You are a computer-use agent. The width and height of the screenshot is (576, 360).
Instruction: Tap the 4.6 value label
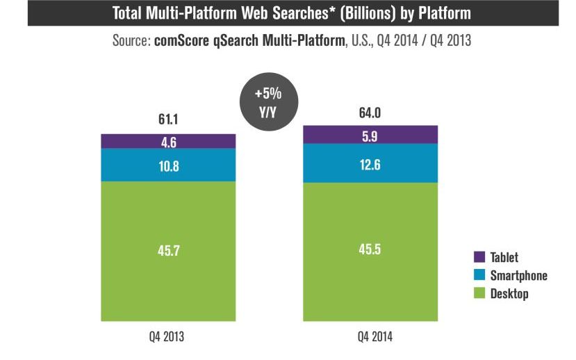(x=168, y=142)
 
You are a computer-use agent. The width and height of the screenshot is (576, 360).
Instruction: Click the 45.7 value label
(x=168, y=249)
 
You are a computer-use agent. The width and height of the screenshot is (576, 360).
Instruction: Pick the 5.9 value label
(x=370, y=136)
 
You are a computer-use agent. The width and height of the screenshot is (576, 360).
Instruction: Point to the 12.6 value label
(x=370, y=163)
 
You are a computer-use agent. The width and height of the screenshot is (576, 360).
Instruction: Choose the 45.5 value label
(x=370, y=249)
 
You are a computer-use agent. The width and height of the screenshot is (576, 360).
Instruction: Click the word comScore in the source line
(x=180, y=41)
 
